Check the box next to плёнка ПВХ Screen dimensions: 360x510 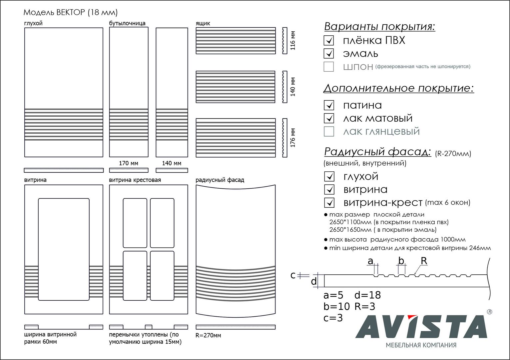click(329, 40)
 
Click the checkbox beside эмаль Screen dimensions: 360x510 click(329, 53)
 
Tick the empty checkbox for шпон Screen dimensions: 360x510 click(329, 67)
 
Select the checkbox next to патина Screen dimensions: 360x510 click(329, 105)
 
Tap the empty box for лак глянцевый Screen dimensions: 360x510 click(329, 131)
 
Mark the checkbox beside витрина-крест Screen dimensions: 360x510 click(329, 202)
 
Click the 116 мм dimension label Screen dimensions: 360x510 click(293, 40)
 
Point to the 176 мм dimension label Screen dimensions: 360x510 click(293, 137)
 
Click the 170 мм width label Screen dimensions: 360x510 click(129, 163)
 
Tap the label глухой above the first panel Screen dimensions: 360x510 click(33, 23)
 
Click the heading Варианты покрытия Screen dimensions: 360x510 click(380, 27)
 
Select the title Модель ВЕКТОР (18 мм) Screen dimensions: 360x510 click(71, 13)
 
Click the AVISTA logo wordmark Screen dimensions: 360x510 click(421, 327)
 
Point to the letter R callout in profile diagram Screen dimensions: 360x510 click(424, 261)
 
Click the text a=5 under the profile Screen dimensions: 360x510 click(333, 295)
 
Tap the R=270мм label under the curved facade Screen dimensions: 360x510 click(208, 335)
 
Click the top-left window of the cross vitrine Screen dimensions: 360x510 click(135, 223)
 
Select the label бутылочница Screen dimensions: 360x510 click(127, 23)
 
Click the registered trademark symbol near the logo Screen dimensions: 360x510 click(489, 312)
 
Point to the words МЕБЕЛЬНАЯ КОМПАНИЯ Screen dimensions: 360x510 click(421, 345)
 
